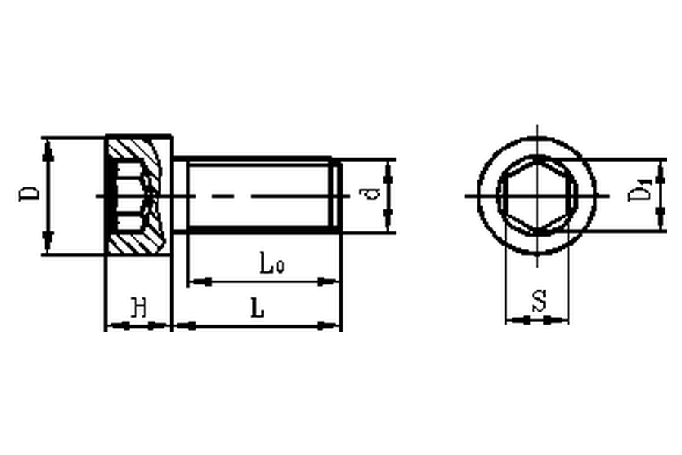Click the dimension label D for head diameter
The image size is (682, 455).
pos(29,194)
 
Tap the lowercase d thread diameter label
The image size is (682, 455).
pos(372,193)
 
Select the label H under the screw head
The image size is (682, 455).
pos(139,307)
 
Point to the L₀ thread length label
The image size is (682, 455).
pos(272,263)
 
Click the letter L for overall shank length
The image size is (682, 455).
pos(258,309)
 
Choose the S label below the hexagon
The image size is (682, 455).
pos(540,301)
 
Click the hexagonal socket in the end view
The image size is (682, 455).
pos(537,196)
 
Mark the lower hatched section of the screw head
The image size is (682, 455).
pos(136,243)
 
